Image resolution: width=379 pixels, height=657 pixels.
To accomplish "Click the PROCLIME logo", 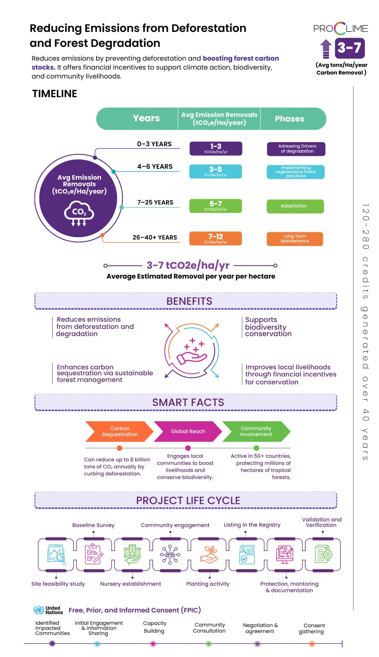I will click(340, 28).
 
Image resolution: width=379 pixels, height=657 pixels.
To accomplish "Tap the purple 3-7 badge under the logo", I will click(350, 48).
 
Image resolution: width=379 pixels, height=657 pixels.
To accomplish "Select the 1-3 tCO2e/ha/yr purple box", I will click(216, 148).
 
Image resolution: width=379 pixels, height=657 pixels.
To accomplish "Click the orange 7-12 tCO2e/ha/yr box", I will click(215, 239).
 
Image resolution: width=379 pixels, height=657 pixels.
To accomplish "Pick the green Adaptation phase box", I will click(295, 206).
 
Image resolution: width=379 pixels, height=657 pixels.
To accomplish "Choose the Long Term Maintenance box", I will click(295, 239).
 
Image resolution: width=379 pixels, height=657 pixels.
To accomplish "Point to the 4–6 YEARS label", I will click(155, 167).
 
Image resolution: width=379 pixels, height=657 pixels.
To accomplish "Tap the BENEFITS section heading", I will click(189, 301).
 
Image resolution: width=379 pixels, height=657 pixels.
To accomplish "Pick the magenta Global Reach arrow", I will click(188, 431).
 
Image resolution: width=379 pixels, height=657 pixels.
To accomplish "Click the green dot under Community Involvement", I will click(257, 448).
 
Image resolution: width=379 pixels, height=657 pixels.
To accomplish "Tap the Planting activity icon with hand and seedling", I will click(209, 555).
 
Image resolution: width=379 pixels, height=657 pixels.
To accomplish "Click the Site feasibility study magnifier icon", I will click(56, 555).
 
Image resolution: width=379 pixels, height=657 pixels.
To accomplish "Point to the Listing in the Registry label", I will click(252, 525).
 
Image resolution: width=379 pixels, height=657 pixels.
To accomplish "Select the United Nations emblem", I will click(39, 610).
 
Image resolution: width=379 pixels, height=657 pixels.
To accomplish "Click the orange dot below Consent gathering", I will click(312, 644).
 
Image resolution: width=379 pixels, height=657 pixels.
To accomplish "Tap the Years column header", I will click(146, 119).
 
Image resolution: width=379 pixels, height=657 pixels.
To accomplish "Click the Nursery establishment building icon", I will click(132, 555).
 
